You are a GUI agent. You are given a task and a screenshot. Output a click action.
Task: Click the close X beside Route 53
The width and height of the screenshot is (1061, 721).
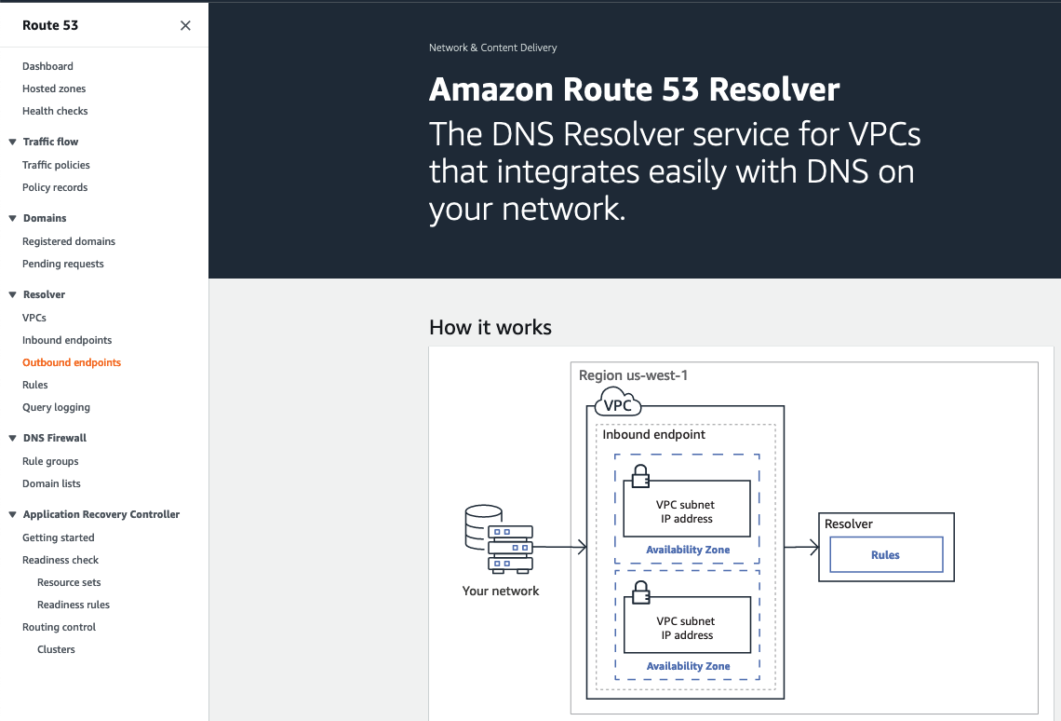tap(185, 26)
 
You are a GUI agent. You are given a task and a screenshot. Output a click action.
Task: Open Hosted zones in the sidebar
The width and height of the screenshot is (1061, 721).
tap(54, 88)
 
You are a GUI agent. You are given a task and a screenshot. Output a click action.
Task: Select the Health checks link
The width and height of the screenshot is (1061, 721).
tap(55, 111)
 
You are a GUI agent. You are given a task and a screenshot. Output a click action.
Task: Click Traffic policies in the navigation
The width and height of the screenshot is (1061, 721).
tap(56, 165)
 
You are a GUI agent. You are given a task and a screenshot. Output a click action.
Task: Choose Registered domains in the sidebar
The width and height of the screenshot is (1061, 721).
tap(69, 241)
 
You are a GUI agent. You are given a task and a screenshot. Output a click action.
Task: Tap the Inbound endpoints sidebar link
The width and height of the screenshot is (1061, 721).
tap(67, 340)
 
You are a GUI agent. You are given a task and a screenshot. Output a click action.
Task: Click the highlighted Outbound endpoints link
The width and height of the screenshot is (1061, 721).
tap(72, 362)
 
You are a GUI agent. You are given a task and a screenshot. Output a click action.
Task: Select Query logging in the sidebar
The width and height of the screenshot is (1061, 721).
tap(56, 407)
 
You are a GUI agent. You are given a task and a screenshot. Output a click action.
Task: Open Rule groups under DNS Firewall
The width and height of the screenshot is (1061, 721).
tap(50, 461)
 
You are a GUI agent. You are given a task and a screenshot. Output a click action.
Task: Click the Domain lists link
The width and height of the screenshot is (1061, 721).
tap(51, 483)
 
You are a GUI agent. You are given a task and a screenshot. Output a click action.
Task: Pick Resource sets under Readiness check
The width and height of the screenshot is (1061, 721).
tap(69, 582)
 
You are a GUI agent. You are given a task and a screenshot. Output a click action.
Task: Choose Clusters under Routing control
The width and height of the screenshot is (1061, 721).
tap(56, 649)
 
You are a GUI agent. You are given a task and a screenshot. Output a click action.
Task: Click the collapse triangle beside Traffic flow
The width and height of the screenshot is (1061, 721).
tap(13, 142)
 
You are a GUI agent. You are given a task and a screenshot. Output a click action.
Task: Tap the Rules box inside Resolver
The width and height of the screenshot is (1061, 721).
tap(885, 555)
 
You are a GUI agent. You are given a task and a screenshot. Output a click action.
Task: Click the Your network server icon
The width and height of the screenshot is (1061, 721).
tap(498, 539)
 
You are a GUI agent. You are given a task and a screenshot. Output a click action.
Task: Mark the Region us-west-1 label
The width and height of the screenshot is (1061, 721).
tap(633, 375)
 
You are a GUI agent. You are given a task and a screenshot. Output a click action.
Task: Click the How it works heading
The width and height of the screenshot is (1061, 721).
tap(490, 328)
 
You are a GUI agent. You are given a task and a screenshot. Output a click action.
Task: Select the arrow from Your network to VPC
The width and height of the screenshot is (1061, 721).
tap(559, 548)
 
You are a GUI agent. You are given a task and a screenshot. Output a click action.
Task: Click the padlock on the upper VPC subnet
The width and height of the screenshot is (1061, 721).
tap(640, 476)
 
